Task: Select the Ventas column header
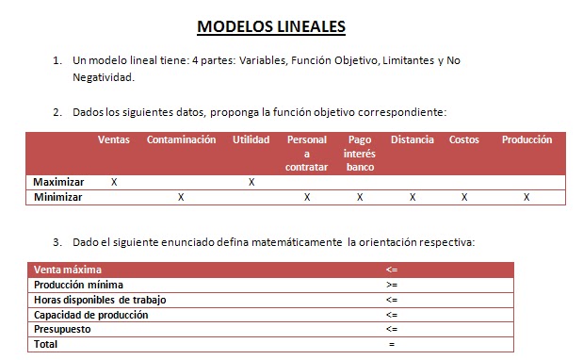coord(114,140)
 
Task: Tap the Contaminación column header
coord(181,140)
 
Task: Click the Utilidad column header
coord(251,140)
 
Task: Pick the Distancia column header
coord(413,140)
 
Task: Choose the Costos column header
coord(463,140)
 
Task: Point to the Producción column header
coord(526,140)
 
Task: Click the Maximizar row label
coord(58,182)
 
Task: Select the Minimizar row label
coord(57,197)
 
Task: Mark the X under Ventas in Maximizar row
coord(114,182)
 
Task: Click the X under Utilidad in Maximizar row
coord(251,182)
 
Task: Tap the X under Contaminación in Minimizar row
coord(181,197)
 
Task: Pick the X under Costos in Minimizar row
coord(463,197)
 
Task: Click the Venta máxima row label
coord(67,270)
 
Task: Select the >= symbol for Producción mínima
coord(391,285)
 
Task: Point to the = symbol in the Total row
coord(391,344)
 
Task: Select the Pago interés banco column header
coord(360,154)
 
